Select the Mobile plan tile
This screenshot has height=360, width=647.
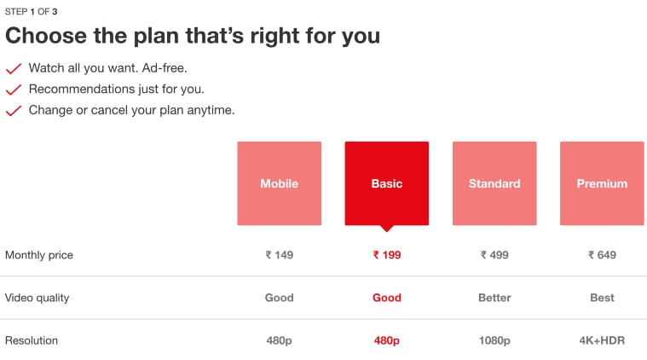click(280, 183)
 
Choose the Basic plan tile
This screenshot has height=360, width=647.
click(387, 183)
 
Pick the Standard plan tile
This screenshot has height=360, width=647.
click(494, 183)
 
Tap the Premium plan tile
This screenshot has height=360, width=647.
click(602, 183)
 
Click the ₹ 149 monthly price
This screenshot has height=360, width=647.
click(280, 255)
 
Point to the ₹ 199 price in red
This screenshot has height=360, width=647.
click(387, 255)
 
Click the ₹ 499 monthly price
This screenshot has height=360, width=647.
click(494, 255)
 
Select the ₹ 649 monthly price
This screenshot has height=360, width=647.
click(602, 255)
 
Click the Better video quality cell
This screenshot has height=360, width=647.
click(494, 298)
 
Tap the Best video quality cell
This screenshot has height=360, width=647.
click(602, 298)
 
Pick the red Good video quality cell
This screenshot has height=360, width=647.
click(387, 298)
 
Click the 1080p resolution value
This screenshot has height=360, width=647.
click(494, 340)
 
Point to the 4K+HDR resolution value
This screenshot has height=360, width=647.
click(602, 340)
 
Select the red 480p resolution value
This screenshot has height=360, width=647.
click(387, 340)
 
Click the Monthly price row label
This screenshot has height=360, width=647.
click(39, 255)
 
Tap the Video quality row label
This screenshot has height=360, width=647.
click(38, 298)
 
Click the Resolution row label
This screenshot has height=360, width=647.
click(32, 340)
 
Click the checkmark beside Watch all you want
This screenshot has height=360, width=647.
click(13, 68)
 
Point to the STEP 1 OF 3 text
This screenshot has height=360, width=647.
click(31, 12)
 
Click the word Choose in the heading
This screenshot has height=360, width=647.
click(46, 36)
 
